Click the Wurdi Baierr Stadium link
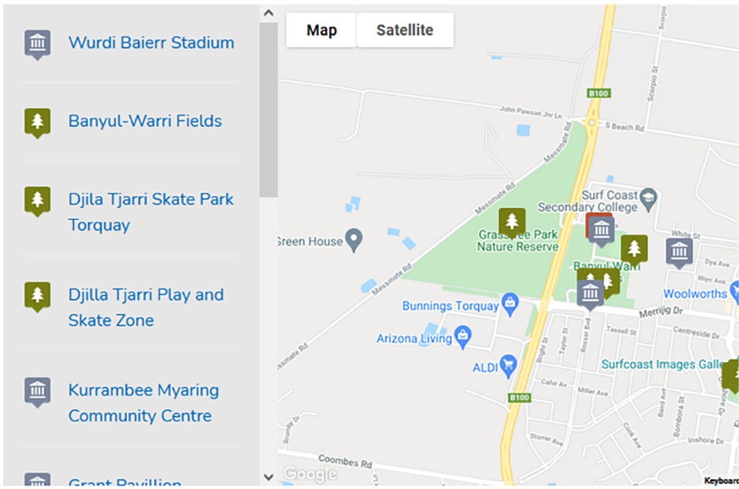151,42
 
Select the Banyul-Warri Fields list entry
145,121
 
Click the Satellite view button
404,30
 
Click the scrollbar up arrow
268,13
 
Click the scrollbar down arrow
268,477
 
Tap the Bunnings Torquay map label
450,306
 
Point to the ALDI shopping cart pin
508,366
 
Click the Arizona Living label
414,338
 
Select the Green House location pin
354,240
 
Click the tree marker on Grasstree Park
512,222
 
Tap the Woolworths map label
695,294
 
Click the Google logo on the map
310,474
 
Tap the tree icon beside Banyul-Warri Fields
38,122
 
